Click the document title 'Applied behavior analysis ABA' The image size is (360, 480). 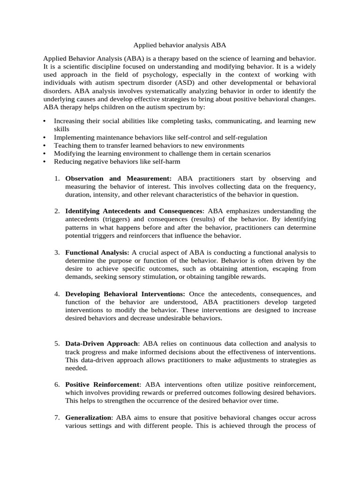coord(180,45)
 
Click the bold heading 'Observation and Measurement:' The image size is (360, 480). coord(118,179)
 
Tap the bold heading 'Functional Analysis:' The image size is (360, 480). coord(97,252)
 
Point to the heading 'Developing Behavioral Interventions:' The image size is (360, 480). coord(125,293)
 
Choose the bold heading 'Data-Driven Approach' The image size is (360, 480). coord(102,344)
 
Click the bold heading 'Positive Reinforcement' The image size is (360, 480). coord(102,384)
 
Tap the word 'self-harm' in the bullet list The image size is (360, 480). coord(165,162)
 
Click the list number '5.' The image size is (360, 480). coord(57,344)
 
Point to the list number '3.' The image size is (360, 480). coord(57,252)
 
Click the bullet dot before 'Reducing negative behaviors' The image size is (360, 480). coord(44,162)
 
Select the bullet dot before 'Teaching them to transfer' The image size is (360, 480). coord(44,146)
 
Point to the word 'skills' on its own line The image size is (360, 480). coord(62,129)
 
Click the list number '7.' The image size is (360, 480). coord(57,417)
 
